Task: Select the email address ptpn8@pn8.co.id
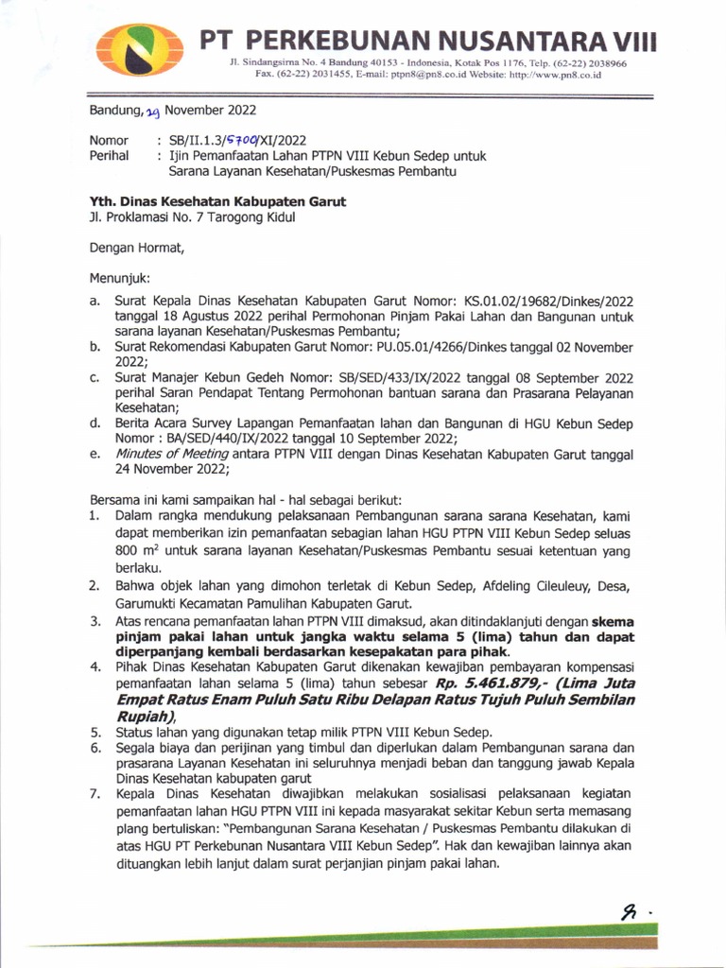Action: click(424, 74)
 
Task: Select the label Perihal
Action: click(109, 156)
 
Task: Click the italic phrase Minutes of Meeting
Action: click(174, 454)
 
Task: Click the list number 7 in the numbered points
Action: click(95, 793)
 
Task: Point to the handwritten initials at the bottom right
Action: click(629, 910)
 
